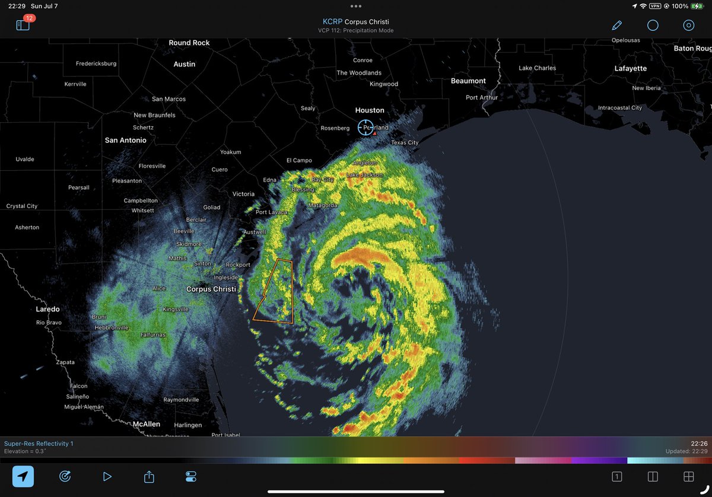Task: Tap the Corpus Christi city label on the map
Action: click(x=211, y=289)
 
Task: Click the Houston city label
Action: click(x=370, y=110)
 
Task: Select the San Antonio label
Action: click(x=125, y=141)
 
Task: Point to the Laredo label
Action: click(x=47, y=310)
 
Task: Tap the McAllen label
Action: click(x=146, y=425)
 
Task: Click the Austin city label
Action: click(x=185, y=64)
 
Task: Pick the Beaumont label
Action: click(x=468, y=81)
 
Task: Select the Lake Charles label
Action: click(x=537, y=68)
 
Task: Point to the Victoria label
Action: click(x=243, y=194)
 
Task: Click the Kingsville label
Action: click(x=176, y=310)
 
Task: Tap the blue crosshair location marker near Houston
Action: click(x=365, y=127)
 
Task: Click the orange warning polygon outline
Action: click(x=292, y=291)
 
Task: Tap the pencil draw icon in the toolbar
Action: click(x=616, y=26)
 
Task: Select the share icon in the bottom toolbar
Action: click(x=149, y=476)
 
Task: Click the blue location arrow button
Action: click(x=23, y=476)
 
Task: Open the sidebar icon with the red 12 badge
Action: click(x=23, y=26)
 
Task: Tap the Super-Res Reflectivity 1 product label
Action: click(x=39, y=444)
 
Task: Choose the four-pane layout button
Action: click(x=689, y=476)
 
